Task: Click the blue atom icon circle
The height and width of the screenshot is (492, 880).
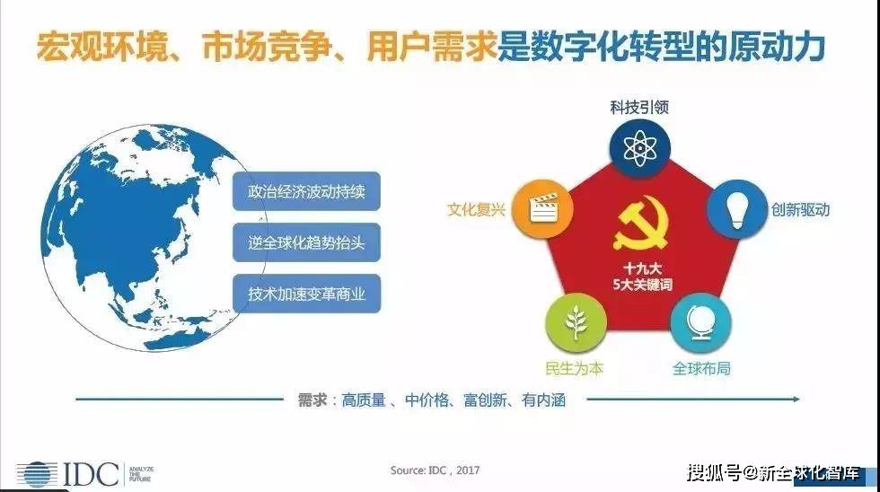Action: point(639,146)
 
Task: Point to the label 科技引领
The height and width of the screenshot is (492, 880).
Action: point(639,107)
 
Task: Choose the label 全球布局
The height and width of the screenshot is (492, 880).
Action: point(701,368)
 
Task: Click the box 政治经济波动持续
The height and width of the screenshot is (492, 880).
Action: point(306,192)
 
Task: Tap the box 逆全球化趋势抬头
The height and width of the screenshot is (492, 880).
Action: point(306,242)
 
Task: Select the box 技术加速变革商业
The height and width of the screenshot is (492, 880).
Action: point(306,293)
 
